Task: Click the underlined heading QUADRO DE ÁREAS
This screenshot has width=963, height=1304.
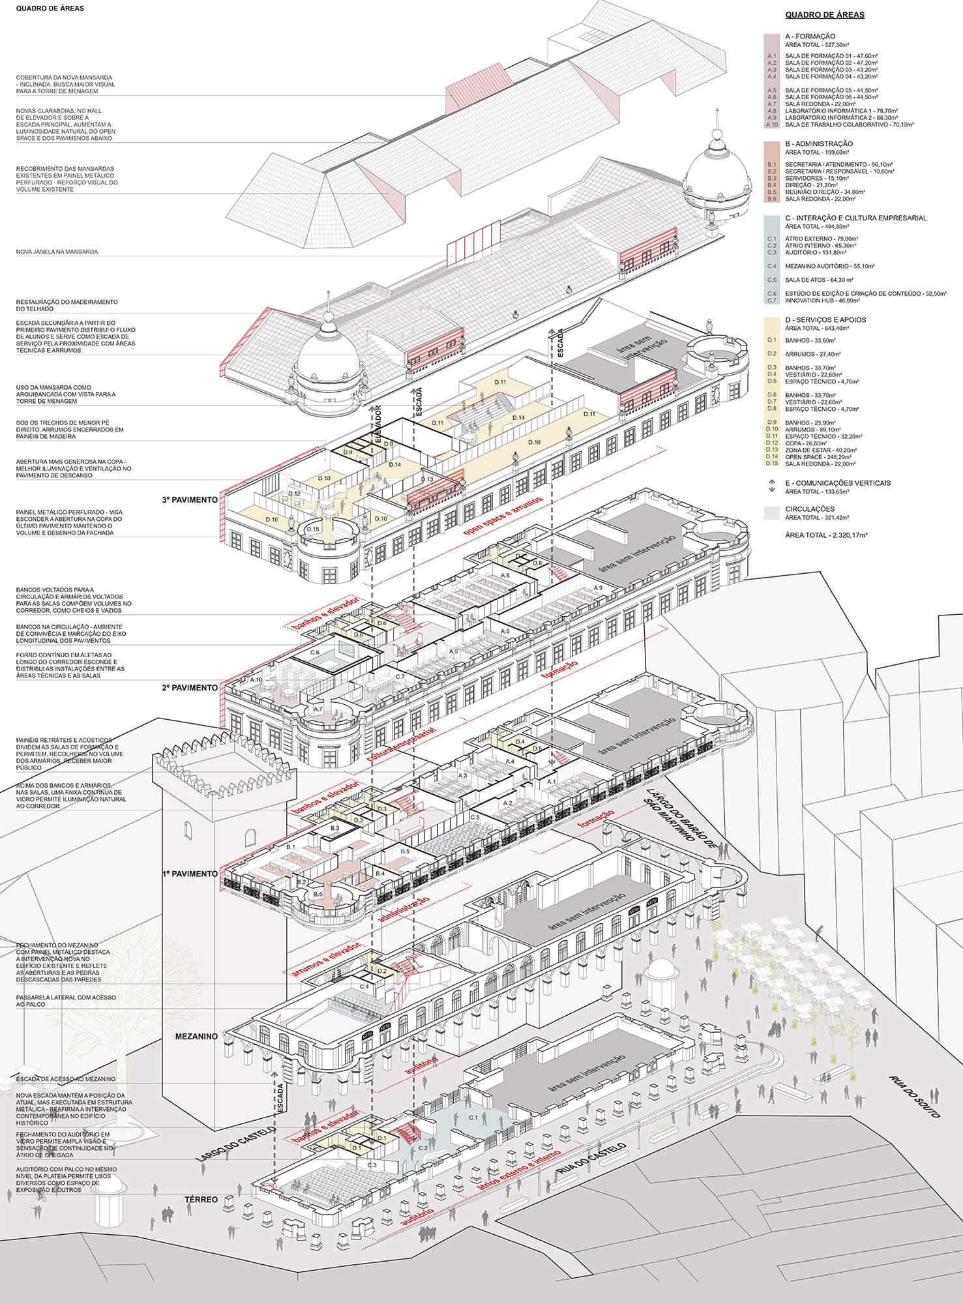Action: pyautogui.click(x=825, y=14)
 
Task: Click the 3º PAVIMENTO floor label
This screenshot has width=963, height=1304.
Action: pyautogui.click(x=190, y=500)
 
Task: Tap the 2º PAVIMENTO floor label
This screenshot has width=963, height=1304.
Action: pyautogui.click(x=190, y=688)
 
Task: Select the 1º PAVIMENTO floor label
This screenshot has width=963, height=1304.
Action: pyautogui.click(x=190, y=874)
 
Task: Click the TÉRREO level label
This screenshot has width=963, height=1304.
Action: pyautogui.click(x=200, y=1199)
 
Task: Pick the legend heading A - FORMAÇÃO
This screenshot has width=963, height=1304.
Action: pyautogui.click(x=810, y=37)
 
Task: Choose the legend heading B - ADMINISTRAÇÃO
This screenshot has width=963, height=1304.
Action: pyautogui.click(x=819, y=143)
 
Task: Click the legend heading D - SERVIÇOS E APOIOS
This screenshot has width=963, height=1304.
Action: pyautogui.click(x=825, y=319)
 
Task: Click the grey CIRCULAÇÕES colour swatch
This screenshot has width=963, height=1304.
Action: pyautogui.click(x=773, y=513)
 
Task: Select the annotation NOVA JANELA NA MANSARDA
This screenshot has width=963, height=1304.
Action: pyautogui.click(x=57, y=252)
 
